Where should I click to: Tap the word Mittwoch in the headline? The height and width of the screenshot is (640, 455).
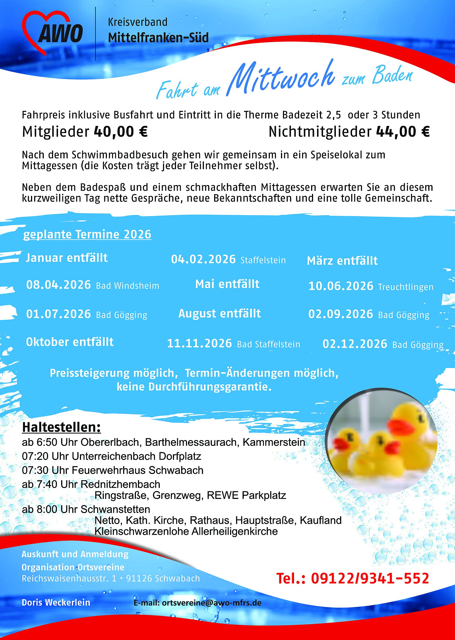[282, 78]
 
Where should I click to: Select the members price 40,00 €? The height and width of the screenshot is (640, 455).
[121, 132]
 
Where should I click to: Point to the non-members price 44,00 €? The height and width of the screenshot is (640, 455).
[403, 132]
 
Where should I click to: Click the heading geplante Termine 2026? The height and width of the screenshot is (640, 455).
[87, 235]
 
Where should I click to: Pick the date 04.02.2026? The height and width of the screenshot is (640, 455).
[203, 259]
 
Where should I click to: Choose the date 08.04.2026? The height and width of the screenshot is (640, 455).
[59, 285]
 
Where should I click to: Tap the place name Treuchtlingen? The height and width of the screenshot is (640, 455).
[406, 287]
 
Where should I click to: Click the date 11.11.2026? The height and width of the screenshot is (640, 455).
[199, 343]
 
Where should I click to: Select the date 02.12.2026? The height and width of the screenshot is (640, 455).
[355, 344]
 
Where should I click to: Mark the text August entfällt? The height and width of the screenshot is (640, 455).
[220, 314]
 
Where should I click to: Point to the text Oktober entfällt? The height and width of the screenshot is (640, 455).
[70, 342]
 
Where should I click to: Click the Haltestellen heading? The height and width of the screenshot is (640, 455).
[61, 427]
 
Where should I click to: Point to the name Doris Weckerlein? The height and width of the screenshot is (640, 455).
[56, 602]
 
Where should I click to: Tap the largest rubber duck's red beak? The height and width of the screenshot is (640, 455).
[401, 426]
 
